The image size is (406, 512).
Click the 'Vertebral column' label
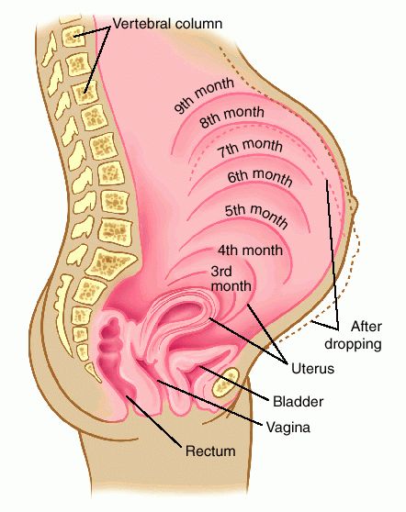click(x=167, y=24)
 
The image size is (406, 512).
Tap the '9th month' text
click(x=204, y=95)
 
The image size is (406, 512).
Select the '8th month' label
click(x=231, y=117)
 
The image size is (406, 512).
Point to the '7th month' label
click(x=250, y=148)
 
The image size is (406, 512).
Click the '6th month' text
click(x=260, y=177)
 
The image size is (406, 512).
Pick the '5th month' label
click(x=256, y=216)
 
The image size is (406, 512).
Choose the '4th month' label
click(x=250, y=250)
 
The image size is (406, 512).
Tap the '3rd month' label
click(x=231, y=279)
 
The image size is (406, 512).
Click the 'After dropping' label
click(x=353, y=335)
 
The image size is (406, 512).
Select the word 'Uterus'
click(x=312, y=369)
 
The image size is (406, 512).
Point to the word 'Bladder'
click(x=299, y=401)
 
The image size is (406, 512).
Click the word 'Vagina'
click(x=288, y=427)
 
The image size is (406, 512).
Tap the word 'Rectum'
click(x=210, y=451)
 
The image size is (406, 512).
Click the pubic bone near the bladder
click(x=225, y=382)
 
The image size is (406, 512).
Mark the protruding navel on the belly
click(x=354, y=205)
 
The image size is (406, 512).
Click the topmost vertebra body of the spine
click(x=73, y=36)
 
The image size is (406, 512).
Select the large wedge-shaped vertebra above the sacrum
click(x=112, y=262)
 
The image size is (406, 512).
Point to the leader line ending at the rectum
click(x=153, y=421)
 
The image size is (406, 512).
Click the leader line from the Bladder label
click(x=234, y=383)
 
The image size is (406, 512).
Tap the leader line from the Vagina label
click(x=209, y=402)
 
